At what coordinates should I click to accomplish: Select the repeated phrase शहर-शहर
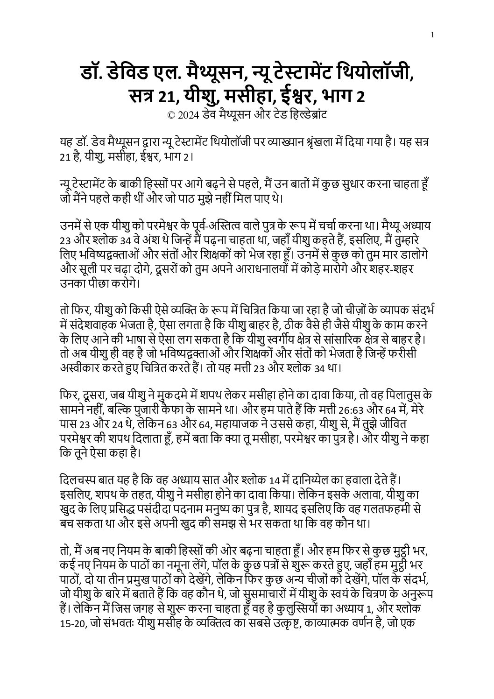click(x=395, y=270)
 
